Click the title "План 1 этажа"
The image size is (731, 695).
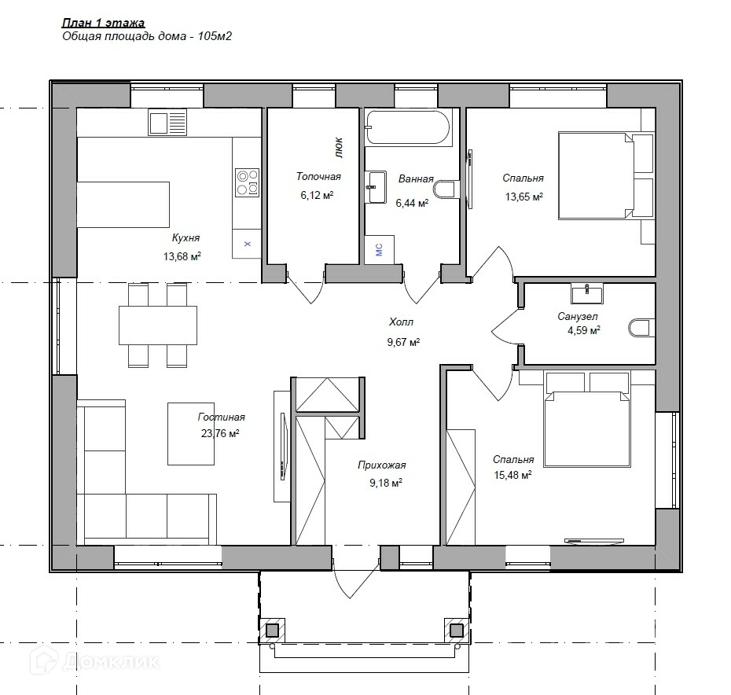point(103,23)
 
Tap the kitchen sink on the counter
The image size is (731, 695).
point(167,122)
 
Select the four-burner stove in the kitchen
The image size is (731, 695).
point(247,182)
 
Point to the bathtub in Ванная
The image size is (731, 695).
point(408,127)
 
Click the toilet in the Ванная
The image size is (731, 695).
point(444,189)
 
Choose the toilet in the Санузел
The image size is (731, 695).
point(641,327)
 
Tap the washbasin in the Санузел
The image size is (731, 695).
point(587,293)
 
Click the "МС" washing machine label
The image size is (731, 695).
point(379,249)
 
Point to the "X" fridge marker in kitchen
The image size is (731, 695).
point(248,244)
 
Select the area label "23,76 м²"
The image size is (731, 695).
point(220,433)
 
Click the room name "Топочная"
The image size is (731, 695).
point(318,176)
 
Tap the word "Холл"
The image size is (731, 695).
point(401,322)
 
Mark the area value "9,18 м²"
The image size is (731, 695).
point(386,483)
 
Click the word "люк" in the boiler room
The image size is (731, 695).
point(339,147)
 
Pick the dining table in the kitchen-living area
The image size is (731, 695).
point(157,325)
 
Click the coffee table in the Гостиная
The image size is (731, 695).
point(191,434)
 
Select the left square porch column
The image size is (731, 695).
point(272,631)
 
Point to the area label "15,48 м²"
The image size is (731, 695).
point(512,476)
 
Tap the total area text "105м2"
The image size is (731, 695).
point(215,36)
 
